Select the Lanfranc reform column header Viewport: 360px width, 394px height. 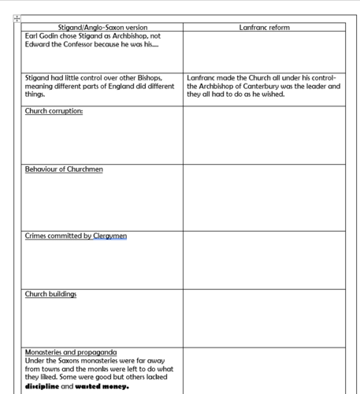(x=264, y=28)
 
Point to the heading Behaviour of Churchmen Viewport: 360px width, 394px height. (x=64, y=169)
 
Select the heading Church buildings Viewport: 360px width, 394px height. (x=50, y=295)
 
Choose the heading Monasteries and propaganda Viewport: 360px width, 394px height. (x=71, y=351)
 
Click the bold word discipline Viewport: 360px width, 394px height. (x=43, y=386)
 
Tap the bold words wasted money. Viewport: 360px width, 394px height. (x=102, y=386)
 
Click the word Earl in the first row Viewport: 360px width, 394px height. (x=32, y=36)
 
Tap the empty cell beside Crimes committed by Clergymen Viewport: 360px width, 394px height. (x=264, y=260)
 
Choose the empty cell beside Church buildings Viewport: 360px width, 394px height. (x=264, y=318)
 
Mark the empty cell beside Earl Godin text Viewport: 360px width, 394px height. (x=264, y=52)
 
